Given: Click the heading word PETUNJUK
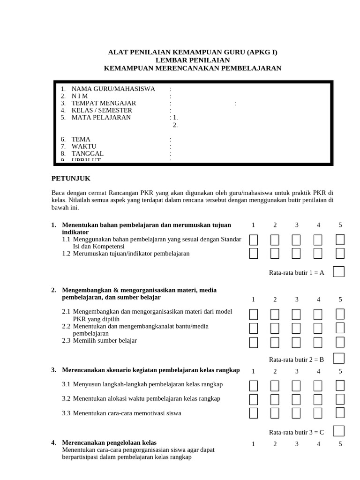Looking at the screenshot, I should point(70,179).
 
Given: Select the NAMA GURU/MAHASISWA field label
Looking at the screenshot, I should point(113,89).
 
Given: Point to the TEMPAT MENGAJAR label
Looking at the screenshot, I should point(104,103).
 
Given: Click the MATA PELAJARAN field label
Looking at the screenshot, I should point(101,118).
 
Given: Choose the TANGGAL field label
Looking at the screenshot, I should point(87,153).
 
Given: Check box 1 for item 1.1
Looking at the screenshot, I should point(254,240).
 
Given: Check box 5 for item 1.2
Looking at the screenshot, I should point(340,254).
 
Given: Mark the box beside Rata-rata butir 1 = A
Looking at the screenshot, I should point(338,272).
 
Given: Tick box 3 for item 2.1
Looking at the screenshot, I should point(297,314).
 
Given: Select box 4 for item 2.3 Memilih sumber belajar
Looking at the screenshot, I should point(318,342).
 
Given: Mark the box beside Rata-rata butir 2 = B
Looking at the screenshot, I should point(338,359).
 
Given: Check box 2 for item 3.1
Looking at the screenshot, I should point(275,386).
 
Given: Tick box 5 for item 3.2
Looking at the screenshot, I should point(340,399).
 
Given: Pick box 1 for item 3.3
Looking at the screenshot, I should point(254,413).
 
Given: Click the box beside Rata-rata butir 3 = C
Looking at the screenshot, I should point(338,431).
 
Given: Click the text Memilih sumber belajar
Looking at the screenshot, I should point(105,340).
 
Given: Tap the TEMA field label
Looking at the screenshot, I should point(81,139).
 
